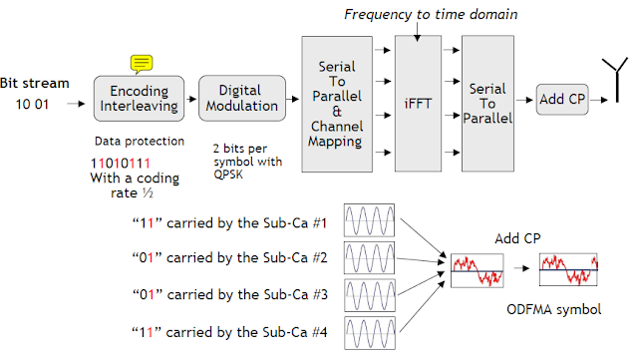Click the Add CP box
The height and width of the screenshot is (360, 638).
pos(562,101)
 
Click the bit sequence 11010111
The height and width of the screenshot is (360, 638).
pos(120,162)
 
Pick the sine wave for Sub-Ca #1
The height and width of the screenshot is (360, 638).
pos(371,219)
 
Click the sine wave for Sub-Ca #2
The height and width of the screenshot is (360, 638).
pos(371,257)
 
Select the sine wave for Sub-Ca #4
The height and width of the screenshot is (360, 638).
pos(371,331)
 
